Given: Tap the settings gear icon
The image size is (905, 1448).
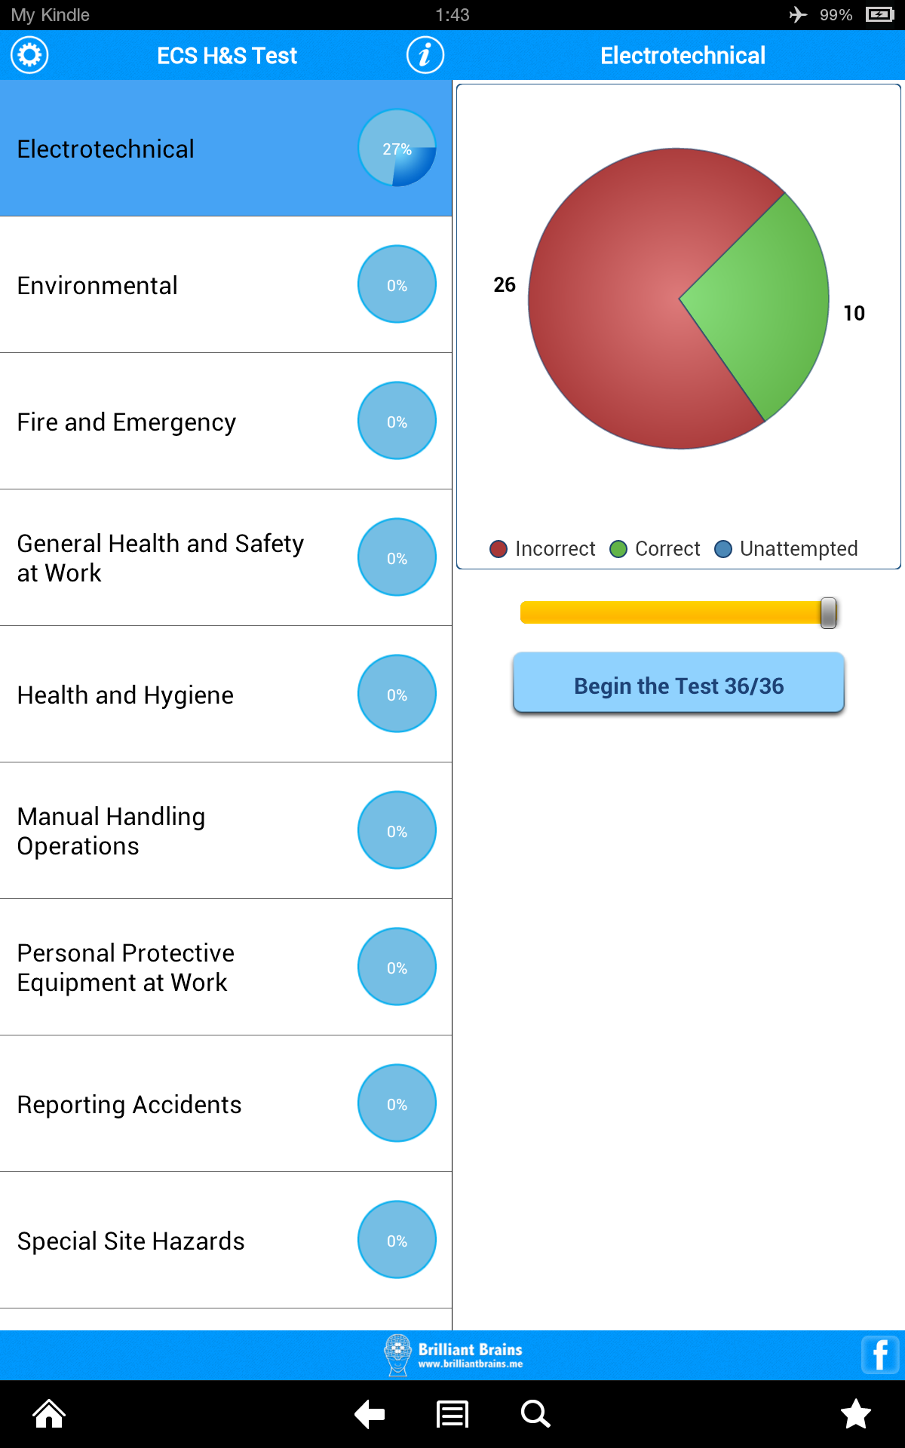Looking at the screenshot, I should tap(29, 55).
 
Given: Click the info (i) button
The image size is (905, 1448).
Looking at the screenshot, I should tap(425, 55).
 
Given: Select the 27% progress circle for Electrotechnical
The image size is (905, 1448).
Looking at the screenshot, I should tap(397, 149).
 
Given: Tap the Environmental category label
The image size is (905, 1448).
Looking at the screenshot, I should tap(97, 286).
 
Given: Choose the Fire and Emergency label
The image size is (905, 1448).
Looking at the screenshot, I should tap(127, 422).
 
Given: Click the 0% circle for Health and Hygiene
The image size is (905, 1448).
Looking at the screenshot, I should tap(397, 694).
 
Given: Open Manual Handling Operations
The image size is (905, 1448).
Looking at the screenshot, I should tap(112, 831).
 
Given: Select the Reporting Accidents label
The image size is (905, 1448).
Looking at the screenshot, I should tap(129, 1105).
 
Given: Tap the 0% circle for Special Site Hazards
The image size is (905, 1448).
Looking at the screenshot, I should tap(397, 1240).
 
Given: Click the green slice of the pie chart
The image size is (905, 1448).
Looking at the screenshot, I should tap(762, 302).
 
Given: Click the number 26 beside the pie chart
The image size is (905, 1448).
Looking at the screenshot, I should tap(505, 285).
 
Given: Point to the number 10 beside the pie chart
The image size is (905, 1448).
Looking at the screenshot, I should tap(854, 314).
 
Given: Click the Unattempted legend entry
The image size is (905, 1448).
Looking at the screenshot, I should tap(787, 549).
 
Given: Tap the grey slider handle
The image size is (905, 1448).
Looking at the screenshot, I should tap(828, 612).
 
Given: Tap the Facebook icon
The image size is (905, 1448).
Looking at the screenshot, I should tap(879, 1355).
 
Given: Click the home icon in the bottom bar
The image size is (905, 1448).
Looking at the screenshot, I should tap(49, 1414).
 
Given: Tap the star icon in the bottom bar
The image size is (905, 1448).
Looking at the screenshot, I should tap(856, 1414).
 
